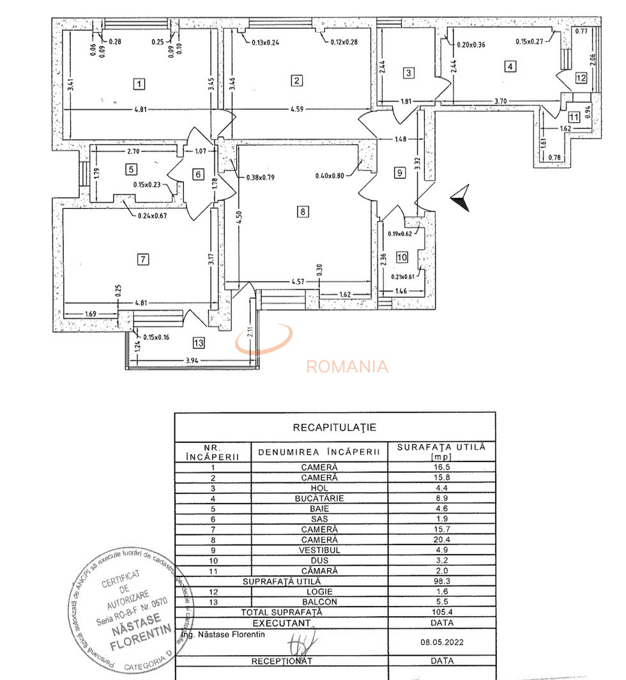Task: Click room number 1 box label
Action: click(139, 83)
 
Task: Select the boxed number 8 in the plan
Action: click(303, 212)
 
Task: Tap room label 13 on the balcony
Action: click(199, 343)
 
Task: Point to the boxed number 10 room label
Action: click(402, 257)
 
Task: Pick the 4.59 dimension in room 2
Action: click(297, 110)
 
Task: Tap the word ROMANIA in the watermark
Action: click(347, 367)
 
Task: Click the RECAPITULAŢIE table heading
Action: click(334, 427)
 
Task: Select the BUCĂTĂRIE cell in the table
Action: click(319, 498)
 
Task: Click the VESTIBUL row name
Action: click(319, 550)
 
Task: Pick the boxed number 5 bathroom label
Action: click(131, 169)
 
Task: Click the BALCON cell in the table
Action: click(319, 602)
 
